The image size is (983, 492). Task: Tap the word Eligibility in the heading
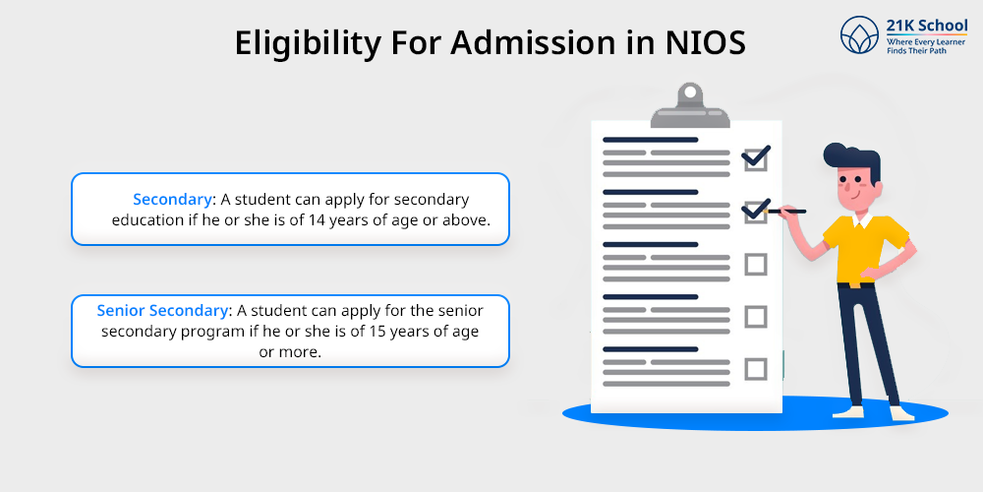[307, 44]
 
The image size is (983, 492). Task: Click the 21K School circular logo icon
[859, 34]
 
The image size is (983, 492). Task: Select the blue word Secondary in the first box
[172, 200]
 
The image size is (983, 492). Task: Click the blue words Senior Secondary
[162, 310]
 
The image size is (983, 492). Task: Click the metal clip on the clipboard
[690, 106]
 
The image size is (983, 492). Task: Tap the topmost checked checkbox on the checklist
[755, 157]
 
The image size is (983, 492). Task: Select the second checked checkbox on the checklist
[755, 211]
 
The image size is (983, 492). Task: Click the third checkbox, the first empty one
[756, 264]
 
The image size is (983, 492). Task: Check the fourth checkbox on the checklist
[756, 317]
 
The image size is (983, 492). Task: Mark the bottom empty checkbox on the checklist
[756, 369]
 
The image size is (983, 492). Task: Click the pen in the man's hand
[784, 212]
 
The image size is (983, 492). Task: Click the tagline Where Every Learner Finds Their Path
[926, 46]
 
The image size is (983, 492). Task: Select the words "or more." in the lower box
[290, 352]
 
